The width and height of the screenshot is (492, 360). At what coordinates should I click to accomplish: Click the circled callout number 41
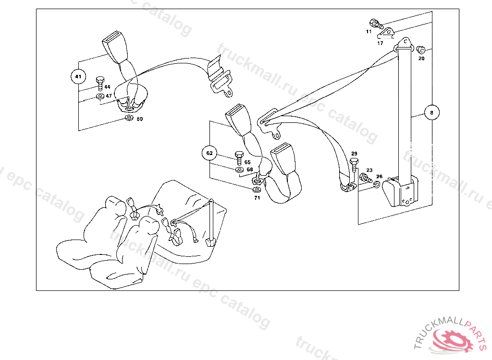tap(78, 76)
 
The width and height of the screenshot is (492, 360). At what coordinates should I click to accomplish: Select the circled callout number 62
tap(209, 154)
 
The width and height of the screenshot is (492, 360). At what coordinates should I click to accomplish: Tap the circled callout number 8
tap(431, 113)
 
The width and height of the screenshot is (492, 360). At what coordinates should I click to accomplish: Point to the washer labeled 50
tap(129, 118)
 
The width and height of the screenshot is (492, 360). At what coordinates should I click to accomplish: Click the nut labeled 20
tap(421, 49)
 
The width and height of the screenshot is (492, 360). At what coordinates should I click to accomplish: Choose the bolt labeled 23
tap(365, 179)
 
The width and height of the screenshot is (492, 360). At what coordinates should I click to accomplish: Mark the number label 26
tap(379, 177)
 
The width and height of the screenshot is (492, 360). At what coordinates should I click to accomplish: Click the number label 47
tap(109, 96)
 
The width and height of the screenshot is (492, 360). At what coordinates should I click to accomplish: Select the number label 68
tap(250, 169)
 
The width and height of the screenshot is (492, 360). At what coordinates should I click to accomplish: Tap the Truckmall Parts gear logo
tap(451, 336)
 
